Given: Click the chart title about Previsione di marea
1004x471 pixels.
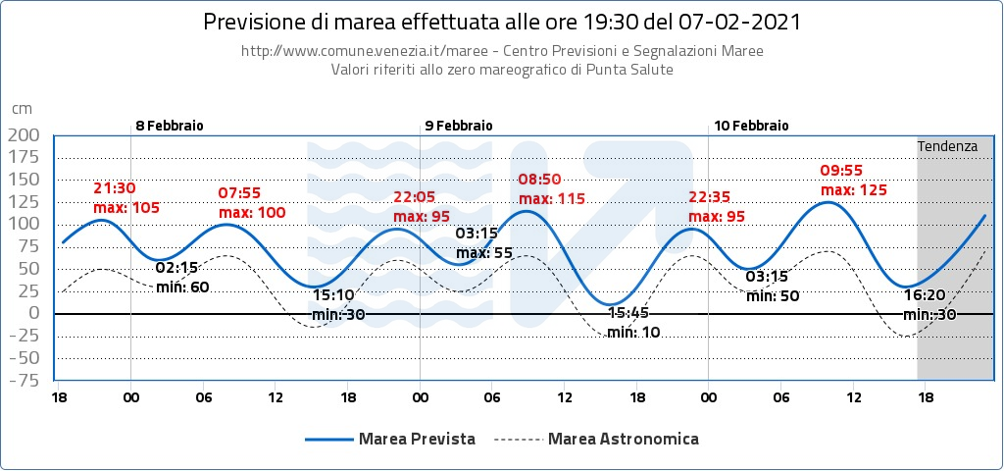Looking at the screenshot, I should click(501, 22).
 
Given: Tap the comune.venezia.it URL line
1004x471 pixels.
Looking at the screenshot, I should click(501, 51).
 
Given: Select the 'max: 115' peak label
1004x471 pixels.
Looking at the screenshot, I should click(551, 198).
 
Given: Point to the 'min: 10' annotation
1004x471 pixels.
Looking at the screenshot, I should click(633, 332).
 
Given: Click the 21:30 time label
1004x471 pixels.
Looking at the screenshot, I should click(114, 188).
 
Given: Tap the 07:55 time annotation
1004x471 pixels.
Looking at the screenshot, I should click(238, 193).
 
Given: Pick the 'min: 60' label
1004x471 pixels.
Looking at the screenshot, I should click(183, 286).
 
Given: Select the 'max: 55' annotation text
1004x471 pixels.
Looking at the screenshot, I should click(484, 252).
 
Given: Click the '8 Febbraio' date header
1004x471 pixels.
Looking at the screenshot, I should click(169, 126).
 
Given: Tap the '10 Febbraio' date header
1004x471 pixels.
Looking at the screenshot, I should click(751, 126).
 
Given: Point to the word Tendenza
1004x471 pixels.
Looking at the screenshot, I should click(947, 146).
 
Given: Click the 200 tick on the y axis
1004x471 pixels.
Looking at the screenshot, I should click(23, 134).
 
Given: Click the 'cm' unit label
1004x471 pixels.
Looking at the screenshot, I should click(21, 109).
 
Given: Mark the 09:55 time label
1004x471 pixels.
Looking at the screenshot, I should click(839, 171).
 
